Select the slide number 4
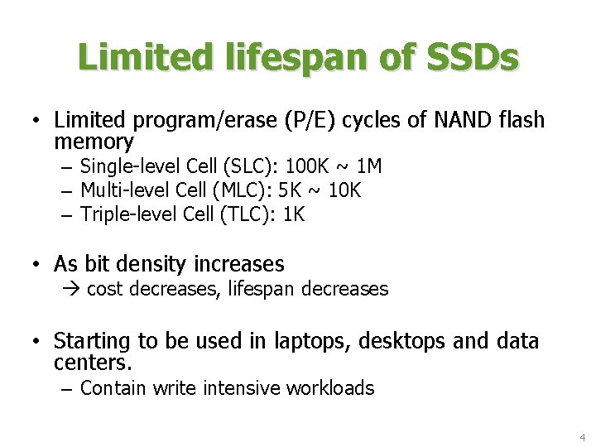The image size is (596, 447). click(x=583, y=436)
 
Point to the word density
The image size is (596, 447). click(x=156, y=265)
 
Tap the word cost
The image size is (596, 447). click(x=105, y=290)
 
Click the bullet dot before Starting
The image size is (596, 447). click(x=37, y=341)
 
